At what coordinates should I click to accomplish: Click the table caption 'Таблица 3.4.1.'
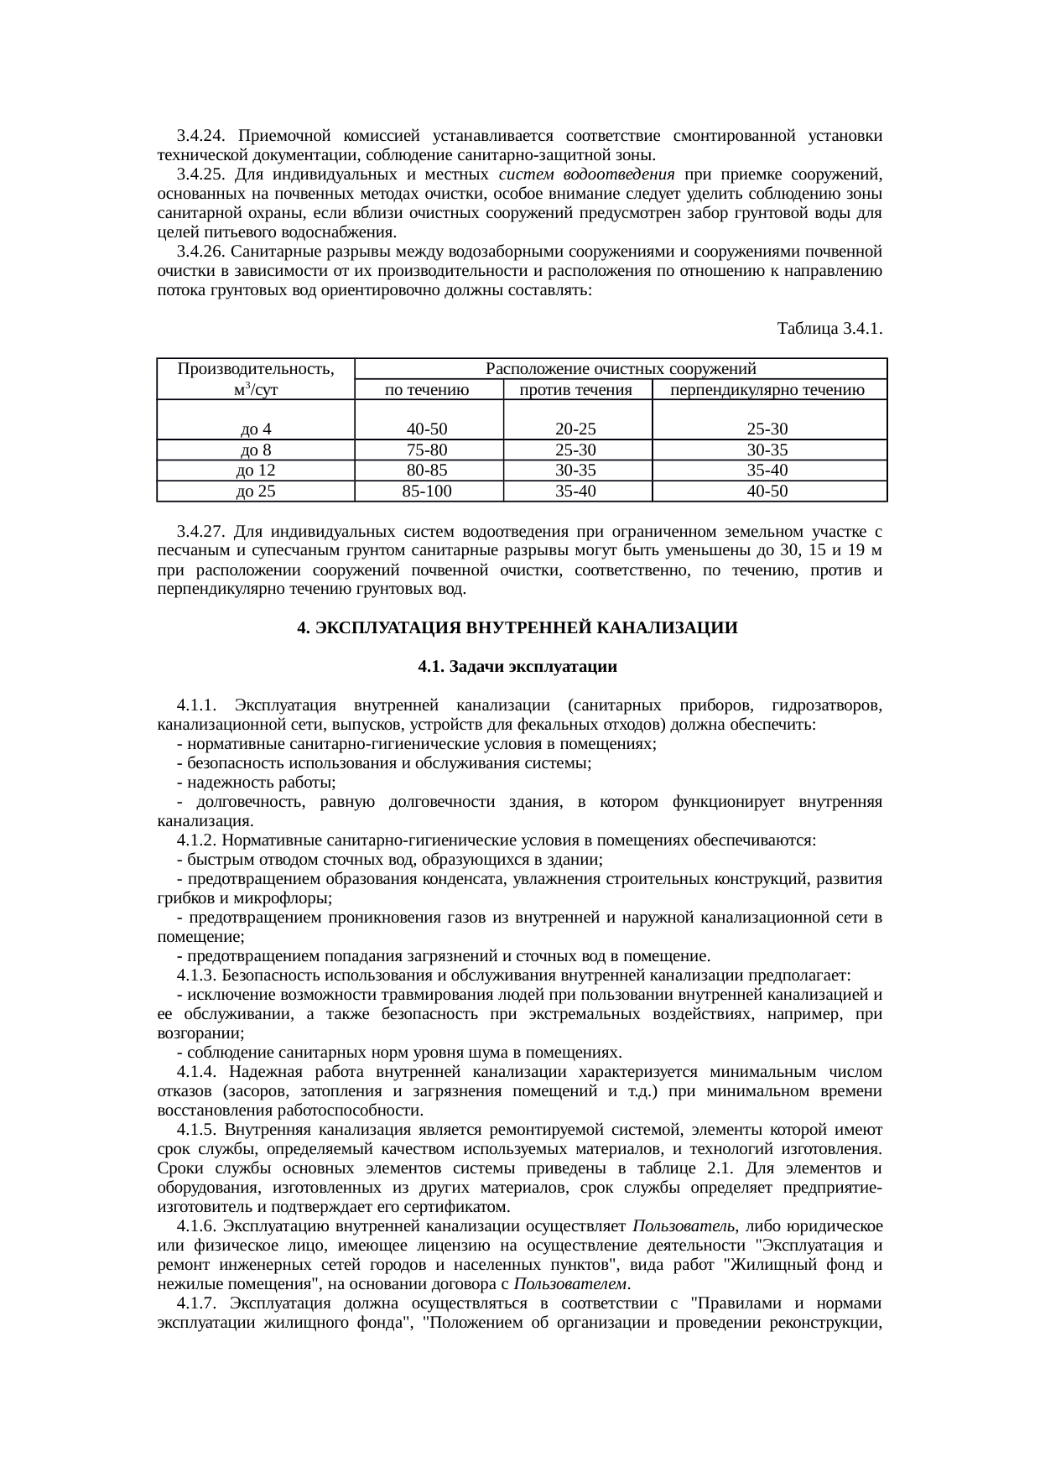[829, 328]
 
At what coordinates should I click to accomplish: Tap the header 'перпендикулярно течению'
[767, 390]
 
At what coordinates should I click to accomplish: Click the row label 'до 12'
[255, 471]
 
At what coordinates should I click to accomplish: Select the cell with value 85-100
[427, 492]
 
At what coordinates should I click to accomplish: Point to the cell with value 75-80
[427, 450]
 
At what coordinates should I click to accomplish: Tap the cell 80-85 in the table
[427, 471]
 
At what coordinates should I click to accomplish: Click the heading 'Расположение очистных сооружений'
[621, 369]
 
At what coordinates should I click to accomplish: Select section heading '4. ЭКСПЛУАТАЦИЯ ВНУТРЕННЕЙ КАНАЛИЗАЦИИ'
[518, 628]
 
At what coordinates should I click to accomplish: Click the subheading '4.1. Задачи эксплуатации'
[517, 668]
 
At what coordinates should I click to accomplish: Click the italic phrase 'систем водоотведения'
[586, 175]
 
